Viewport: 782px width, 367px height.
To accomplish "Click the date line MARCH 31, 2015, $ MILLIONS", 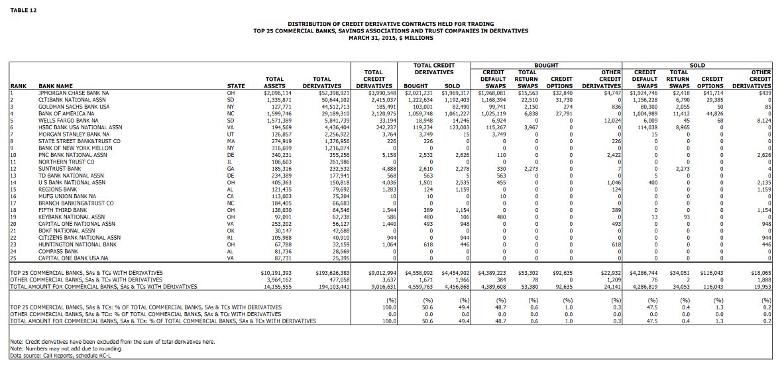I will [390, 38].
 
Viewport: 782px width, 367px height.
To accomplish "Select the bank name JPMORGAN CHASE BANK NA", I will [74, 93].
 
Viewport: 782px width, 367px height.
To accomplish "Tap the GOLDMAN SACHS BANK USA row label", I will [74, 107].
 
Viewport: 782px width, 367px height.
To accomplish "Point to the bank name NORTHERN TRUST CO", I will [66, 162].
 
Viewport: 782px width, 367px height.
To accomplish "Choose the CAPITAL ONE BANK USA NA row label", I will [76, 258].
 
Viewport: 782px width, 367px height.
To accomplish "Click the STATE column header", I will [235, 86].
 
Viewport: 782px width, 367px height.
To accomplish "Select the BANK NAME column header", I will [56, 86].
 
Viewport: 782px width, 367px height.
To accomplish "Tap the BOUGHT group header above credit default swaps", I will [546, 66].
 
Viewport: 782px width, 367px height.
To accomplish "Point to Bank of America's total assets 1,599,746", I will [278, 114].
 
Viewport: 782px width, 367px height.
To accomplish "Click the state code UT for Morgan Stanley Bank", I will [231, 134].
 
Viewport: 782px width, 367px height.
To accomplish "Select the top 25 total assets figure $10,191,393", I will [276, 273].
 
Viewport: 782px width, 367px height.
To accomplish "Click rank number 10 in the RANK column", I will [14, 155].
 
